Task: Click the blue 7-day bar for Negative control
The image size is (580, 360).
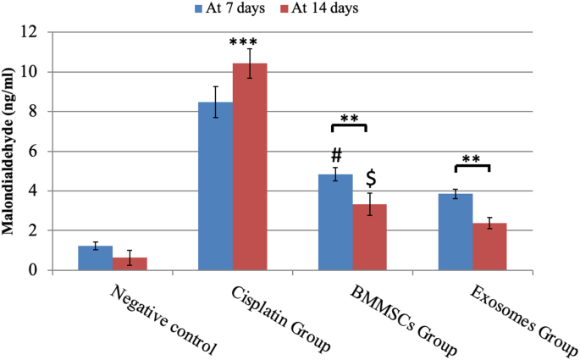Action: [x=95, y=258]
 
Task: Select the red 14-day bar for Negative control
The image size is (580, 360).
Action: [x=130, y=263]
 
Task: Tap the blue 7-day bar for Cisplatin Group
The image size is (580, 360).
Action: [x=215, y=186]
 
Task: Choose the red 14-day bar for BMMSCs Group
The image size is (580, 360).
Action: [x=370, y=237]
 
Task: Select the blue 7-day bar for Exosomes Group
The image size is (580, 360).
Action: [x=456, y=232]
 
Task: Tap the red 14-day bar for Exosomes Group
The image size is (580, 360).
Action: [x=489, y=246]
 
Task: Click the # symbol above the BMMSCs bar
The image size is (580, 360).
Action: [x=335, y=156]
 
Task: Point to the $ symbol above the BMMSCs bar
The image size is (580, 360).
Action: [x=370, y=179]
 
